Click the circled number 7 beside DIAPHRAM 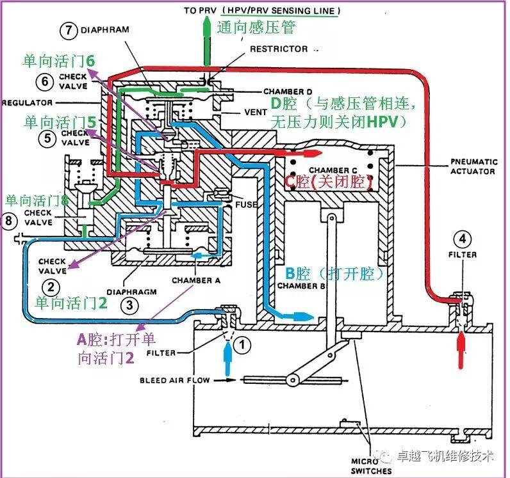point(69,31)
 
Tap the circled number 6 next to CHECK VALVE point(45,81)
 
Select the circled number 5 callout point(47,138)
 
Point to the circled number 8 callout point(8,221)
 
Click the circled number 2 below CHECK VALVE point(51,287)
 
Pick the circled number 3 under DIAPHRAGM point(129,305)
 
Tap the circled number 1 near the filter point(242,344)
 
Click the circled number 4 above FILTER point(462,239)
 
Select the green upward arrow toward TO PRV point(206,42)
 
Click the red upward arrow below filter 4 point(461,349)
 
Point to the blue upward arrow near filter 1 point(228,358)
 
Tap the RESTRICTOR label point(279,49)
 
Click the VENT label point(256,113)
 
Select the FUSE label point(246,204)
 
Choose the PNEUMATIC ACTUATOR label point(473,166)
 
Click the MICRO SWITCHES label point(371,466)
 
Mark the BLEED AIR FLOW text point(175,380)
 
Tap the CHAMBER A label point(196,280)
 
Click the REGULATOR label point(27,103)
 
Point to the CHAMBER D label point(288,92)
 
